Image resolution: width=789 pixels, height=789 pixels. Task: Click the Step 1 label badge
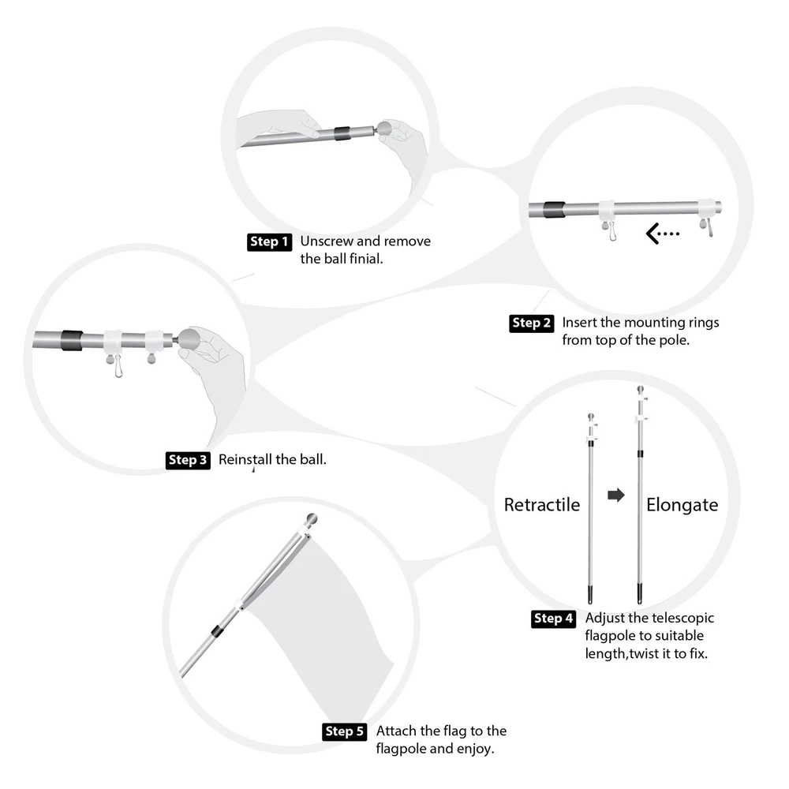point(269,242)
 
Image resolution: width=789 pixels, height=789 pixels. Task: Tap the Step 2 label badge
point(531,323)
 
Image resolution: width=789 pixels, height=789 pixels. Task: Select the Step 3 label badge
point(188,460)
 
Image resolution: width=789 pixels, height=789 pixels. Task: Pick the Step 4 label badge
point(554,619)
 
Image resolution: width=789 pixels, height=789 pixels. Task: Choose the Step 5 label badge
point(344,731)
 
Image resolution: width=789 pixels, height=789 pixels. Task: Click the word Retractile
point(542,505)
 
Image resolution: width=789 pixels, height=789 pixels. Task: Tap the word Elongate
point(682,505)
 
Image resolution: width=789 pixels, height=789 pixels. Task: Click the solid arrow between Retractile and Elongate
point(616,495)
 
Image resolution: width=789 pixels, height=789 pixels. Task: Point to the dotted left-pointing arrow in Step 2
point(663,234)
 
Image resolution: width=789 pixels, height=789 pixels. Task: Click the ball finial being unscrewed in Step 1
point(384,128)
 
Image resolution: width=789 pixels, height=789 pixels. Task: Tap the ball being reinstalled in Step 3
point(189,338)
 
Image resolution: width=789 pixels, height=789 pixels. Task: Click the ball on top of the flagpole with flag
point(312,519)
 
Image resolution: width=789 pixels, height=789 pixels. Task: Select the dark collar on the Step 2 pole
point(554,209)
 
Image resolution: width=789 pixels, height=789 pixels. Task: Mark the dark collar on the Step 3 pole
point(72,340)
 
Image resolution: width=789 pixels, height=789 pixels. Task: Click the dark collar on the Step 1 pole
point(342,134)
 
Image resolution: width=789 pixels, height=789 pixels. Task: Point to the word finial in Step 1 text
point(366,259)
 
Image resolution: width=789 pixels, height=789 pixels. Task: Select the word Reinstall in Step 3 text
point(245,459)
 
